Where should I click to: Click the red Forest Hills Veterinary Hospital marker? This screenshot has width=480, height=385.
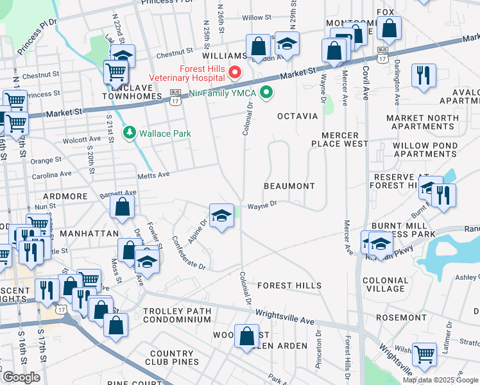[x=235, y=71]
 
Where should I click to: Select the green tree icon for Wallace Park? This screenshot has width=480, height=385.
[x=130, y=133]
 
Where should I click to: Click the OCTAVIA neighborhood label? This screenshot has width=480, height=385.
[x=297, y=116]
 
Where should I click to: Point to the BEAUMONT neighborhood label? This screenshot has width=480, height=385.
[x=289, y=186]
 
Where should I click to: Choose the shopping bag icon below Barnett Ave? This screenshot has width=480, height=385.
[x=122, y=207]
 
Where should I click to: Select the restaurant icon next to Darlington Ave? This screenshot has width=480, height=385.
[x=423, y=75]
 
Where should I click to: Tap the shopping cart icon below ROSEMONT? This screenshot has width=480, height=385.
[x=424, y=353]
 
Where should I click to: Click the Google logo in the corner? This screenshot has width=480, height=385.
[x=21, y=377]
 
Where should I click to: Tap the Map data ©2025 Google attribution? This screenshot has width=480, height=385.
[x=440, y=380]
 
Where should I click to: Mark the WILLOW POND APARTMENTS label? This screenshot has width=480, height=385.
[x=425, y=150]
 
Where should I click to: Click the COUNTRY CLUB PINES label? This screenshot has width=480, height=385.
[x=180, y=358]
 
